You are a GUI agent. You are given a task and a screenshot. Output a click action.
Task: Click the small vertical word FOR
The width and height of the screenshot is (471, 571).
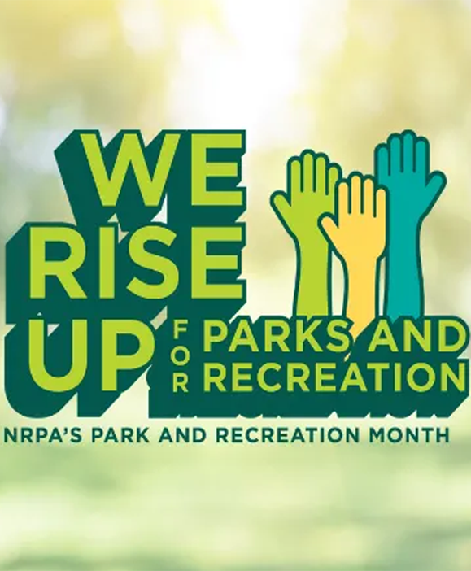click(x=180, y=355)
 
